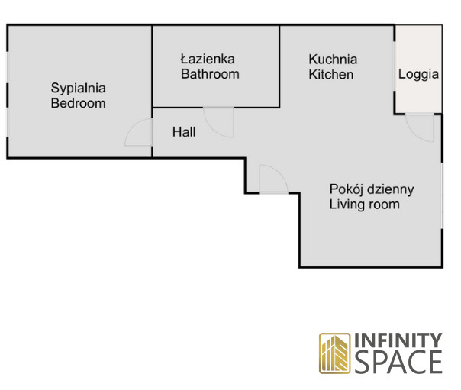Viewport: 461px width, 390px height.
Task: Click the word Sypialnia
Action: coord(78,89)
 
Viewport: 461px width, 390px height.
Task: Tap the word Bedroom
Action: coord(78,103)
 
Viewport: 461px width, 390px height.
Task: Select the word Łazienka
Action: coord(208,59)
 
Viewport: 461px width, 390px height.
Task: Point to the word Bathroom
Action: coord(210,74)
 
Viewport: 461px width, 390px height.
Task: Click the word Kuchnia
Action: coord(333,60)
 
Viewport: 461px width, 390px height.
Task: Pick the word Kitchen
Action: coord(331,74)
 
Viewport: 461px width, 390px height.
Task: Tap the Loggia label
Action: coord(418,74)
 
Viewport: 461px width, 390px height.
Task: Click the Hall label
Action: coord(184,132)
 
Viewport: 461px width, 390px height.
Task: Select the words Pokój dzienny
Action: coord(372,189)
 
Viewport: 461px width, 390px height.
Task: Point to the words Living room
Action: coord(364,205)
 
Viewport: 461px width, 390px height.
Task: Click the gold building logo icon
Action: coord(335,353)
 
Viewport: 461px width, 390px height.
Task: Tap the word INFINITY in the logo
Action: coord(398,340)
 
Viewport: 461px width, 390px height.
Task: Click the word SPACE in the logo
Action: coord(399,362)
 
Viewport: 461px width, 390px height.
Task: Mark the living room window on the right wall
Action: coord(442,195)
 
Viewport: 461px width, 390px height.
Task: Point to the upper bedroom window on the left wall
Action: coord(8,68)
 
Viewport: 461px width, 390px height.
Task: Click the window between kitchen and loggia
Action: coord(395,66)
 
